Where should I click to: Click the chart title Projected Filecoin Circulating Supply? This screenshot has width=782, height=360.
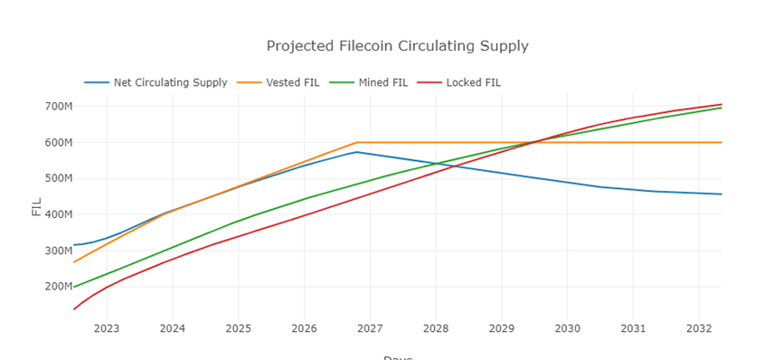pos(397,45)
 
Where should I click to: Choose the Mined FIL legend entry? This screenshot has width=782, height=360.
pos(380,82)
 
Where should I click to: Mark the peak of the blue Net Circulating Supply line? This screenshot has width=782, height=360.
pos(357,152)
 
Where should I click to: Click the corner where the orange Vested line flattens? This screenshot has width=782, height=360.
pos(358,142)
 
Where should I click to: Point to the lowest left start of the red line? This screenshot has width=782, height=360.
pos(74,309)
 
